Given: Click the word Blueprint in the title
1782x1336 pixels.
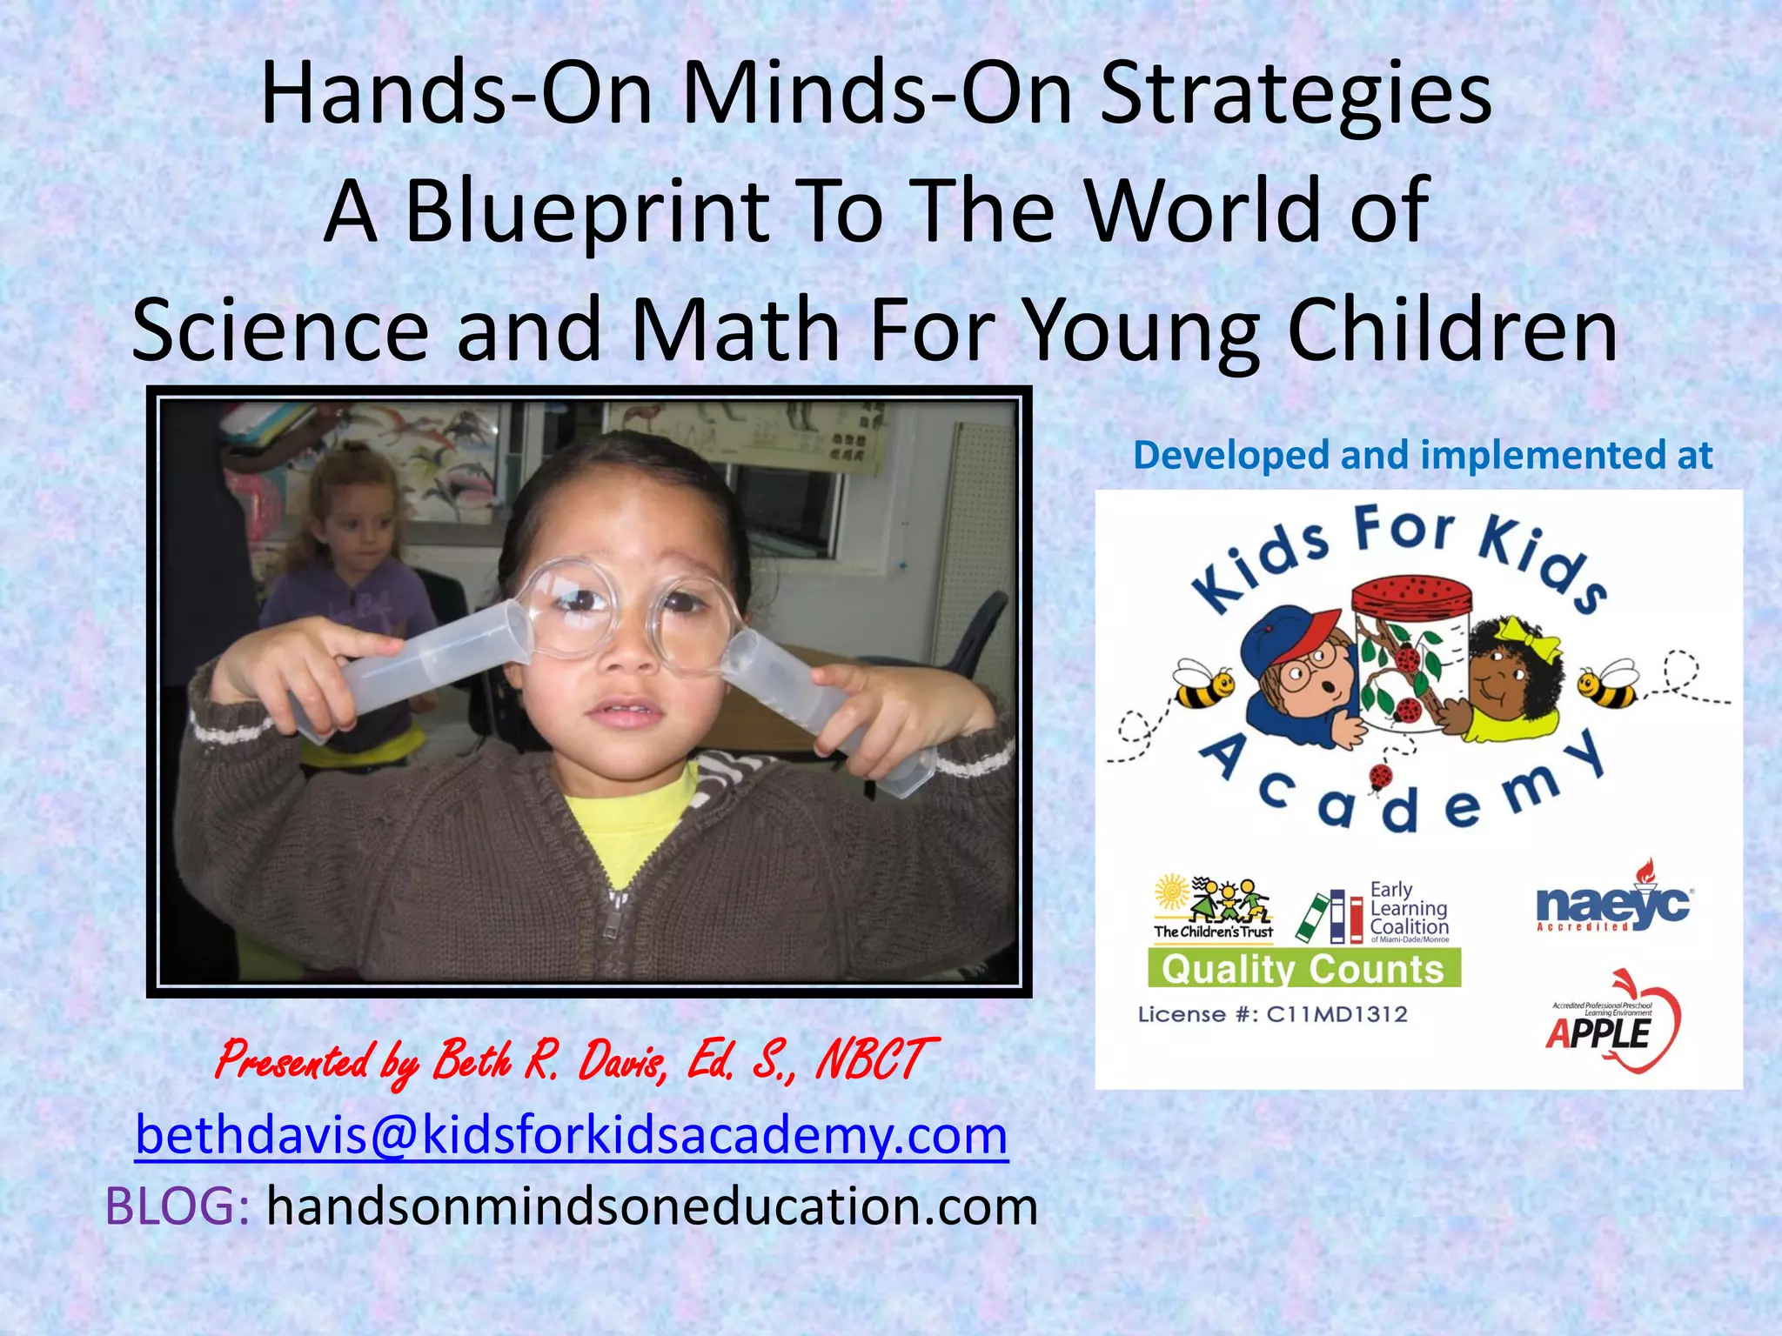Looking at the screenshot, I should pos(588,210).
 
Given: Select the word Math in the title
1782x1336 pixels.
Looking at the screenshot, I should pos(736,330).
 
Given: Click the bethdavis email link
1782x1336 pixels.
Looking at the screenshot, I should pos(572,1135).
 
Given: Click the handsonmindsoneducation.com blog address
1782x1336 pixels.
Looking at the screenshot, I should pos(652,1206).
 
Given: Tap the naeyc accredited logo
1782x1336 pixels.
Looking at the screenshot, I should pos(1613,905).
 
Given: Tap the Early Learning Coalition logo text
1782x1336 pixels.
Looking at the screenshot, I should pos(1408,910).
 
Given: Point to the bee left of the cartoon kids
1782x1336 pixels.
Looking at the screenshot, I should pos(1203,683).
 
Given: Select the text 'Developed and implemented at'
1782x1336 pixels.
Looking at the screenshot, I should pos(1423,455).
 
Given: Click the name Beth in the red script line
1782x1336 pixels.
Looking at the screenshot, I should pos(472,1060).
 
